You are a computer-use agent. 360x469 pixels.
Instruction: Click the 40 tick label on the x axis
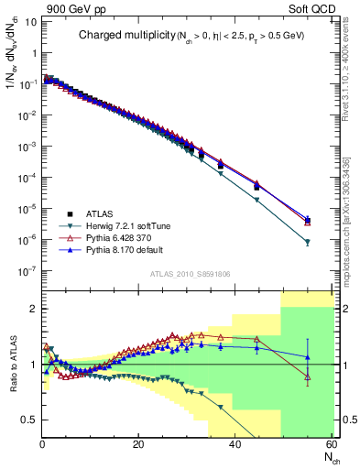pos(234,445)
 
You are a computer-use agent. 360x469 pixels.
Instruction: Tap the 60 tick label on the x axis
pos(329,445)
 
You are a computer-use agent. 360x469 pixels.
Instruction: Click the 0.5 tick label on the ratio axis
pos(28,420)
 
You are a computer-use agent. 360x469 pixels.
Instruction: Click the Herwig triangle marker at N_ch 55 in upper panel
pos(307,243)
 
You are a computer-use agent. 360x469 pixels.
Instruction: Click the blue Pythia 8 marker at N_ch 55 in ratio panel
pos(307,357)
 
